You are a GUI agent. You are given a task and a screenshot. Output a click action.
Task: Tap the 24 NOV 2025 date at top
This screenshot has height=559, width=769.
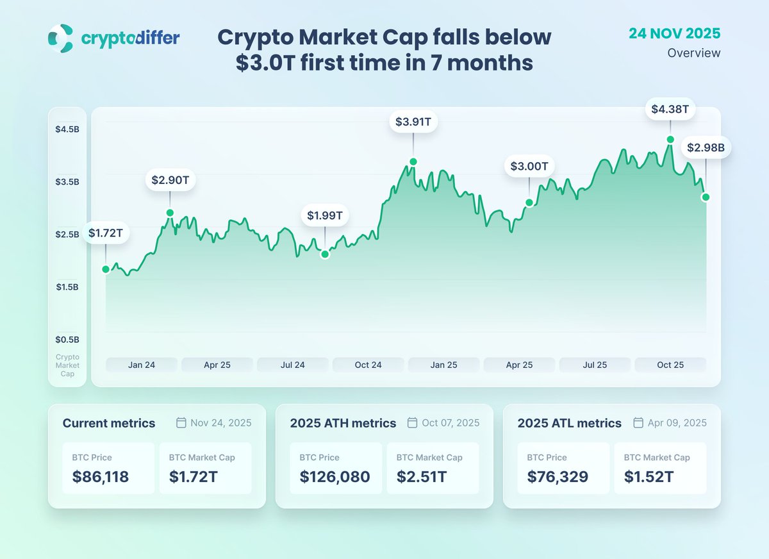(x=674, y=33)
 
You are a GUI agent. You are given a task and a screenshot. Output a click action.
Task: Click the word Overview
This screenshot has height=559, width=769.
(x=693, y=53)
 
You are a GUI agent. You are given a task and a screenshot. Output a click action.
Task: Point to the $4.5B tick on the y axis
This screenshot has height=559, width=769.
(x=67, y=129)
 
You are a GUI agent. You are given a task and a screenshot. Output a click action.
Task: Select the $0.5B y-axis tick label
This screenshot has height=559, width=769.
(x=67, y=339)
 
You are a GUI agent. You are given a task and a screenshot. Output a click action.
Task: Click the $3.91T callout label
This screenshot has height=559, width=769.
(x=413, y=121)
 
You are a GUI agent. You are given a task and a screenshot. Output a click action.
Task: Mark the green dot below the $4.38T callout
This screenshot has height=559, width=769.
(x=670, y=139)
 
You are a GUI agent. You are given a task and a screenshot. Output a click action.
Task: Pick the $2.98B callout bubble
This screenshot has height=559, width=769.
(x=706, y=148)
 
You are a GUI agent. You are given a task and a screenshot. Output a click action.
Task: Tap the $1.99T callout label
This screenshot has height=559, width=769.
(x=325, y=216)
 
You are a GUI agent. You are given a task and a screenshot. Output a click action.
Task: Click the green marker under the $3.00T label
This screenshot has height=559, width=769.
(x=529, y=203)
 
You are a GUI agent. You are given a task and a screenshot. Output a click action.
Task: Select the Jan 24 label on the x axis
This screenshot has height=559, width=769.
(x=142, y=365)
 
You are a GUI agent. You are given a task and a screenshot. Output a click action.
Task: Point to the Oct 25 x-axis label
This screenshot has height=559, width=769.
(x=670, y=365)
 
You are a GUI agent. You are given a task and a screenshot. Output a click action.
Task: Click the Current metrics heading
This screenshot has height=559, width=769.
(x=109, y=423)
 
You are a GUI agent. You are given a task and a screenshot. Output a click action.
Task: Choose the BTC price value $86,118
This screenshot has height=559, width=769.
(x=100, y=477)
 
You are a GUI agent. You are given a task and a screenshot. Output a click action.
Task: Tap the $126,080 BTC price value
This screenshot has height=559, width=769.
(x=335, y=477)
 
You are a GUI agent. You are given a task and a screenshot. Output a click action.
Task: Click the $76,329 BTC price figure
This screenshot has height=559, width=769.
(x=558, y=477)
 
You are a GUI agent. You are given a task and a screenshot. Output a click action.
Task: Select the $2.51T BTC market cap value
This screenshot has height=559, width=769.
(x=421, y=477)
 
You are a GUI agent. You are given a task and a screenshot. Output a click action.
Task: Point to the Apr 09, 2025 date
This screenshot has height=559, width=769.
(x=678, y=423)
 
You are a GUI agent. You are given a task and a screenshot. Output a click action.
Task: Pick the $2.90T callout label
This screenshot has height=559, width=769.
(x=170, y=180)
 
